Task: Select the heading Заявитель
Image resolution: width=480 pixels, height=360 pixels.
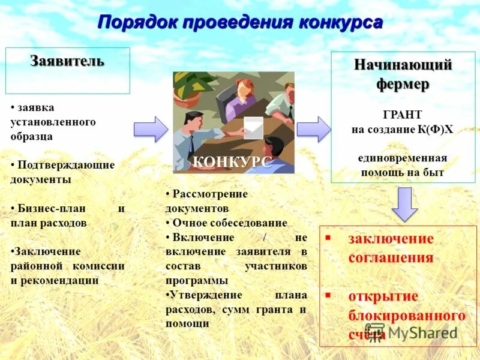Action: point(67,61)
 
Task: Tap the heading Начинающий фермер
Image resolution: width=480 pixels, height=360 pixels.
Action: point(403,74)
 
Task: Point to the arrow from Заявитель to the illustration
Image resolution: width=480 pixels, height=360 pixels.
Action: point(151,129)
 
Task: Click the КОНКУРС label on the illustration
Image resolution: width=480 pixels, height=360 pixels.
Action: point(232,161)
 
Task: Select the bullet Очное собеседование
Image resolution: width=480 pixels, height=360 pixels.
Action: point(230,223)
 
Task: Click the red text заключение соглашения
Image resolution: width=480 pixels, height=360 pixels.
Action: point(390,248)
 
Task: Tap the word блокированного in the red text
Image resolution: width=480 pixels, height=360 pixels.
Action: point(407,315)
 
